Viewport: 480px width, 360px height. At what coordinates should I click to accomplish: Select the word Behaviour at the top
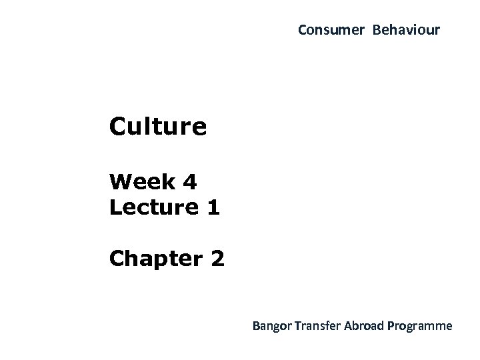[406, 31]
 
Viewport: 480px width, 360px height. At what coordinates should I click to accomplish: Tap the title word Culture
[159, 126]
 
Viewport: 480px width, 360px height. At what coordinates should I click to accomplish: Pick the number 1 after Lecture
[213, 207]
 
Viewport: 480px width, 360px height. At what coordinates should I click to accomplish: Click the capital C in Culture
[119, 126]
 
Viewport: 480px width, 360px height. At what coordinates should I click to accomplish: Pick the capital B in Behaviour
[377, 31]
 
